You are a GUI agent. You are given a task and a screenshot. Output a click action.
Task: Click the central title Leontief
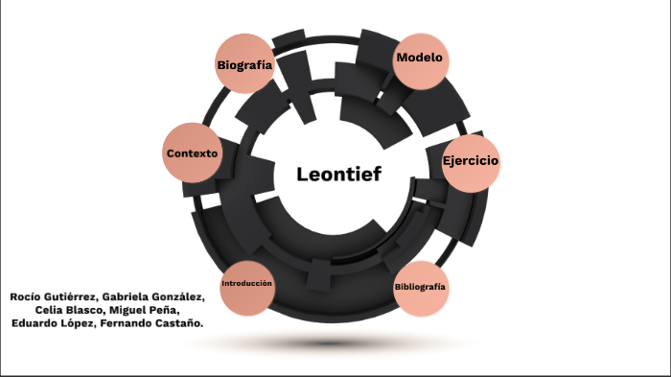point(338,175)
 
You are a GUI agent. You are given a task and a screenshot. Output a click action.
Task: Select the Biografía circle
point(244,64)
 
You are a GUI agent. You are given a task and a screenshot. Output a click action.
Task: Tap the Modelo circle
point(419,58)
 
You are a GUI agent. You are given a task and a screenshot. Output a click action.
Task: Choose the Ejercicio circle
point(470,160)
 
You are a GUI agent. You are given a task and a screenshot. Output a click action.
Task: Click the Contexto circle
point(192,153)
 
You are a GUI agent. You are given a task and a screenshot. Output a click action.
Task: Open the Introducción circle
point(247,285)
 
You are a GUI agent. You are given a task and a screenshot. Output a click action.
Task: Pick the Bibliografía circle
point(420,288)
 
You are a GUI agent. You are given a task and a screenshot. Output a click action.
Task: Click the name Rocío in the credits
point(27,297)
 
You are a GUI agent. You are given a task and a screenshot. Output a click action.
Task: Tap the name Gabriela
point(133,297)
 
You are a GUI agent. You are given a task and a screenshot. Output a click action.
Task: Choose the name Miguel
point(130,311)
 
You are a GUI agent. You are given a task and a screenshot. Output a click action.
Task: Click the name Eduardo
point(35,324)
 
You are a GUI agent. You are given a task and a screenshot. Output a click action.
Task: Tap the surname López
point(84,324)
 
